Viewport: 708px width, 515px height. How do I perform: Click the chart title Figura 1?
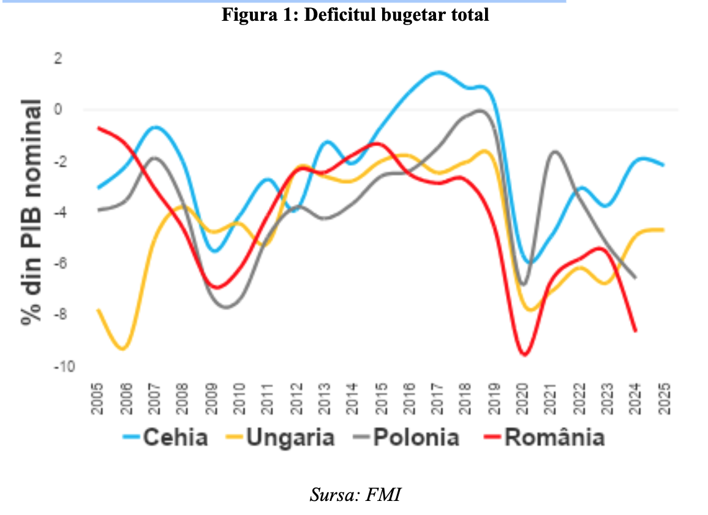tap(355, 15)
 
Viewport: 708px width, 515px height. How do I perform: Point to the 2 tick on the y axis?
tap(58, 59)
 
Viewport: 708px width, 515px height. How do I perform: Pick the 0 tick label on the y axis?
tap(58, 110)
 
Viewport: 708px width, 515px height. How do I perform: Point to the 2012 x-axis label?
tap(296, 398)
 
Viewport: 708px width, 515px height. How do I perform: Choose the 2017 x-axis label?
tap(437, 398)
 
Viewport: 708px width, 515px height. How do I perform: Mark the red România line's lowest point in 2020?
tap(524, 354)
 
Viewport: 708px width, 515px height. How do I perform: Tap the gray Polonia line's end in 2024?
tap(635, 278)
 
